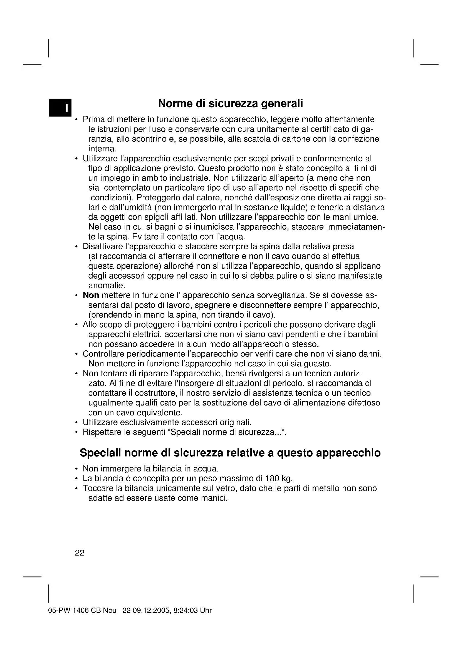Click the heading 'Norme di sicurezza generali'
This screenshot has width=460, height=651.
click(x=230, y=104)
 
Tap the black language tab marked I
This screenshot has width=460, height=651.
click(x=60, y=108)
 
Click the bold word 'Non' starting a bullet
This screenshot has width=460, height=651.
click(x=91, y=296)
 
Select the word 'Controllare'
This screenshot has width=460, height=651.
click(x=103, y=354)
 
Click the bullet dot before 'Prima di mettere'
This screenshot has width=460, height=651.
click(x=76, y=120)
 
